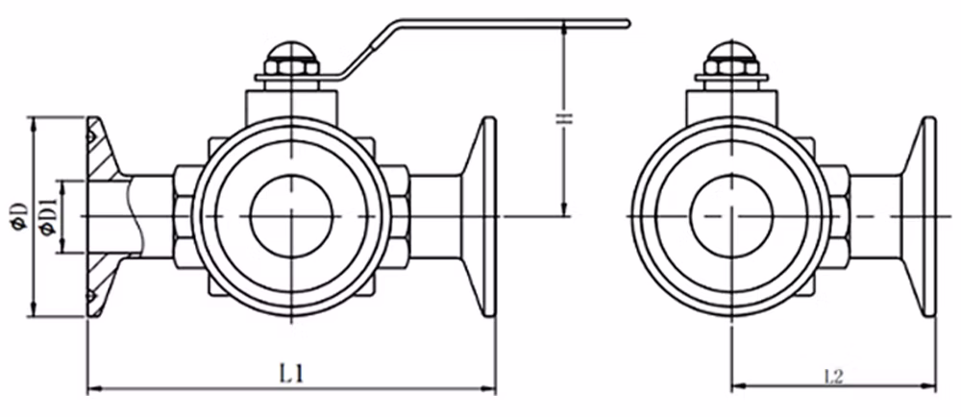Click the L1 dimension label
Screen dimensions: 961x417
(x=291, y=373)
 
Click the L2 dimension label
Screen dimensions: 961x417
(x=834, y=377)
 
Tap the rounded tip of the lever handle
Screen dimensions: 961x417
(x=627, y=23)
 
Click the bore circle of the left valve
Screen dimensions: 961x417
(x=291, y=216)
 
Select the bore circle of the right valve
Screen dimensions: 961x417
(x=731, y=216)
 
